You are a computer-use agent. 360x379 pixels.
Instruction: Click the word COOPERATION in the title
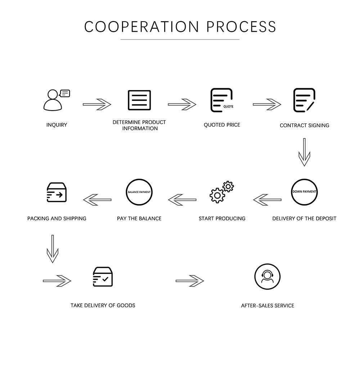[x=141, y=27]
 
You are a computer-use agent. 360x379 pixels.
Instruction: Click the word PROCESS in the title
[x=242, y=27]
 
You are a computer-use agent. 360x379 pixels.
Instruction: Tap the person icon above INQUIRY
[x=53, y=101]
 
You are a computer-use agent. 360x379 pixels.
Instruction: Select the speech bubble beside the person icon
[x=65, y=94]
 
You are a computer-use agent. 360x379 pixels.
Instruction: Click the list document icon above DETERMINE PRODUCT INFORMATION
[x=139, y=100]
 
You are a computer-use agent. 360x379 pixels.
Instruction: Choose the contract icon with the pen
[x=304, y=100]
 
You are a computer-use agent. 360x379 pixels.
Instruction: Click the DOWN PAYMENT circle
[x=304, y=192]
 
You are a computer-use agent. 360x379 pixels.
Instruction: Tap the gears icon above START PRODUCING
[x=221, y=192]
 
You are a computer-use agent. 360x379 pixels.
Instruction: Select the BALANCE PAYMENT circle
[x=139, y=192]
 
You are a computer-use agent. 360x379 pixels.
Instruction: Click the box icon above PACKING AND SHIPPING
[x=57, y=192]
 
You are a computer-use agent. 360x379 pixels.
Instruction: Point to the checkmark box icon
[x=103, y=277]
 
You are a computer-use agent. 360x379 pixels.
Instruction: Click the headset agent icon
[x=267, y=277]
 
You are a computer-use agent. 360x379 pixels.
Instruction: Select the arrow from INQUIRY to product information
[x=97, y=104]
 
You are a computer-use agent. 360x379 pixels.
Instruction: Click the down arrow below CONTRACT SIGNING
[x=304, y=152]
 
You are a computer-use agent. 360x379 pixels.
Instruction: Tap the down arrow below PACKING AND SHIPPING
[x=53, y=249]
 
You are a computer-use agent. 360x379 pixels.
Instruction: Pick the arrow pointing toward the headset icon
[x=190, y=281]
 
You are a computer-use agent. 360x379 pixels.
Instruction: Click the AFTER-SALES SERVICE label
[x=267, y=306]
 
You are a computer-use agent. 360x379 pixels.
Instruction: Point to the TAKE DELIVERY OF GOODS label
[x=103, y=305]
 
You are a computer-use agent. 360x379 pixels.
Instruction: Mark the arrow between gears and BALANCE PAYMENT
[x=182, y=200]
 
